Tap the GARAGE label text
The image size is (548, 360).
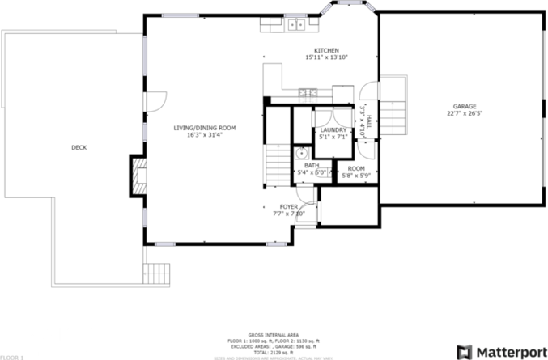tap(464, 106)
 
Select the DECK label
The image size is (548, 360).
tap(79, 147)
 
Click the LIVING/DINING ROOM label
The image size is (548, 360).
tap(204, 128)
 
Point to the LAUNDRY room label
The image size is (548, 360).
tap(333, 130)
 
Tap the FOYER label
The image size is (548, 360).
tap(289, 207)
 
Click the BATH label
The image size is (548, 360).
tap(312, 165)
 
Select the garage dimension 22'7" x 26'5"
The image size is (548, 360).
tap(465, 114)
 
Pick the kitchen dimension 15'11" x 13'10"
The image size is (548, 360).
tap(326, 57)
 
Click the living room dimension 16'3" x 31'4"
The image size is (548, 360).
tap(204, 135)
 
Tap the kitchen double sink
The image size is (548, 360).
tap(295, 24)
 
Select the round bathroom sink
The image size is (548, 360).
tap(299, 152)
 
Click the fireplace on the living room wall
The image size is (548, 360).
tap(137, 176)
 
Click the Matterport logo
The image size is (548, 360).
tap(501, 352)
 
